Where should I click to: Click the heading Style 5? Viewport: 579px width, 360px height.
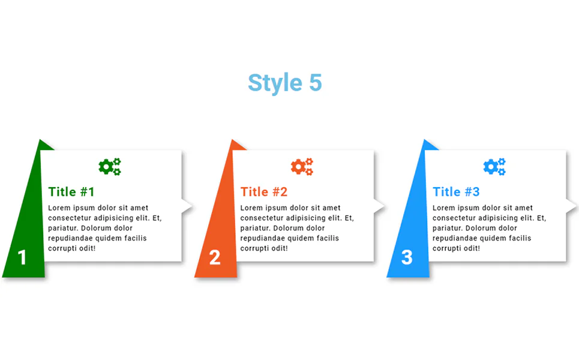pos(284,83)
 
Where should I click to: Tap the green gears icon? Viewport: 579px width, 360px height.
pos(110,167)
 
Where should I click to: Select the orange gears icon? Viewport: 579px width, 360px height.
pos(302,167)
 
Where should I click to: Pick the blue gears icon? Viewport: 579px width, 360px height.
pos(494,167)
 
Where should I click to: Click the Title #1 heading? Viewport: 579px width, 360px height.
pos(71,192)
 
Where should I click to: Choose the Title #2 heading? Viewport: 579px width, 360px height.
pos(263,192)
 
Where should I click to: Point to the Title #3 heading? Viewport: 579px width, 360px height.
pos(456,192)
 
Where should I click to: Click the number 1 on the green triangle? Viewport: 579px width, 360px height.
pos(22,257)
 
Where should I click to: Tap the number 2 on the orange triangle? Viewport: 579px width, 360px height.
pos(215,257)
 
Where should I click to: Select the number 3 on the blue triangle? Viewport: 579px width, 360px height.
pos(407,257)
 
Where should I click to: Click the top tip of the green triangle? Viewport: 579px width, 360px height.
pos(40,140)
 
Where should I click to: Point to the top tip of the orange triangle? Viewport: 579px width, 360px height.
pos(232,140)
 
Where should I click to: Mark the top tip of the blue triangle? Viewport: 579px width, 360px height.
pos(425,140)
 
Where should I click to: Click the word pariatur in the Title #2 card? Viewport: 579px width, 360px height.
pos(255,228)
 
